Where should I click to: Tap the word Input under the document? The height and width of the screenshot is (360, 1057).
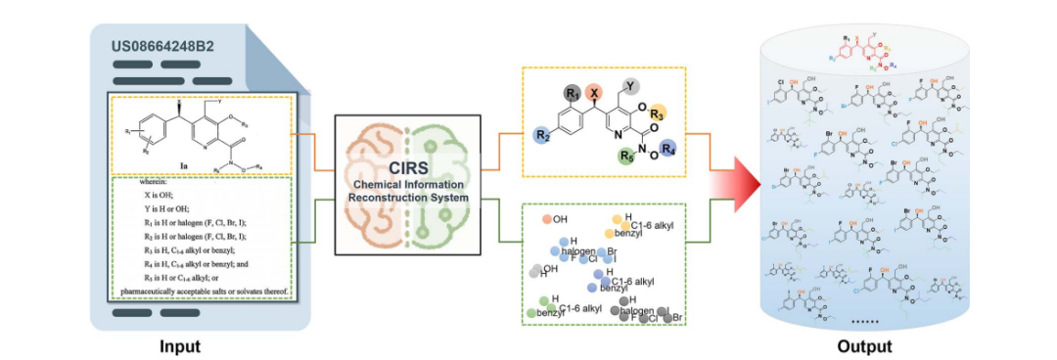180,345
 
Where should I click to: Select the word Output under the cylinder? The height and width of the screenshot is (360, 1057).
864,345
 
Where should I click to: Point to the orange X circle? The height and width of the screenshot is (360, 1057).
592,91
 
